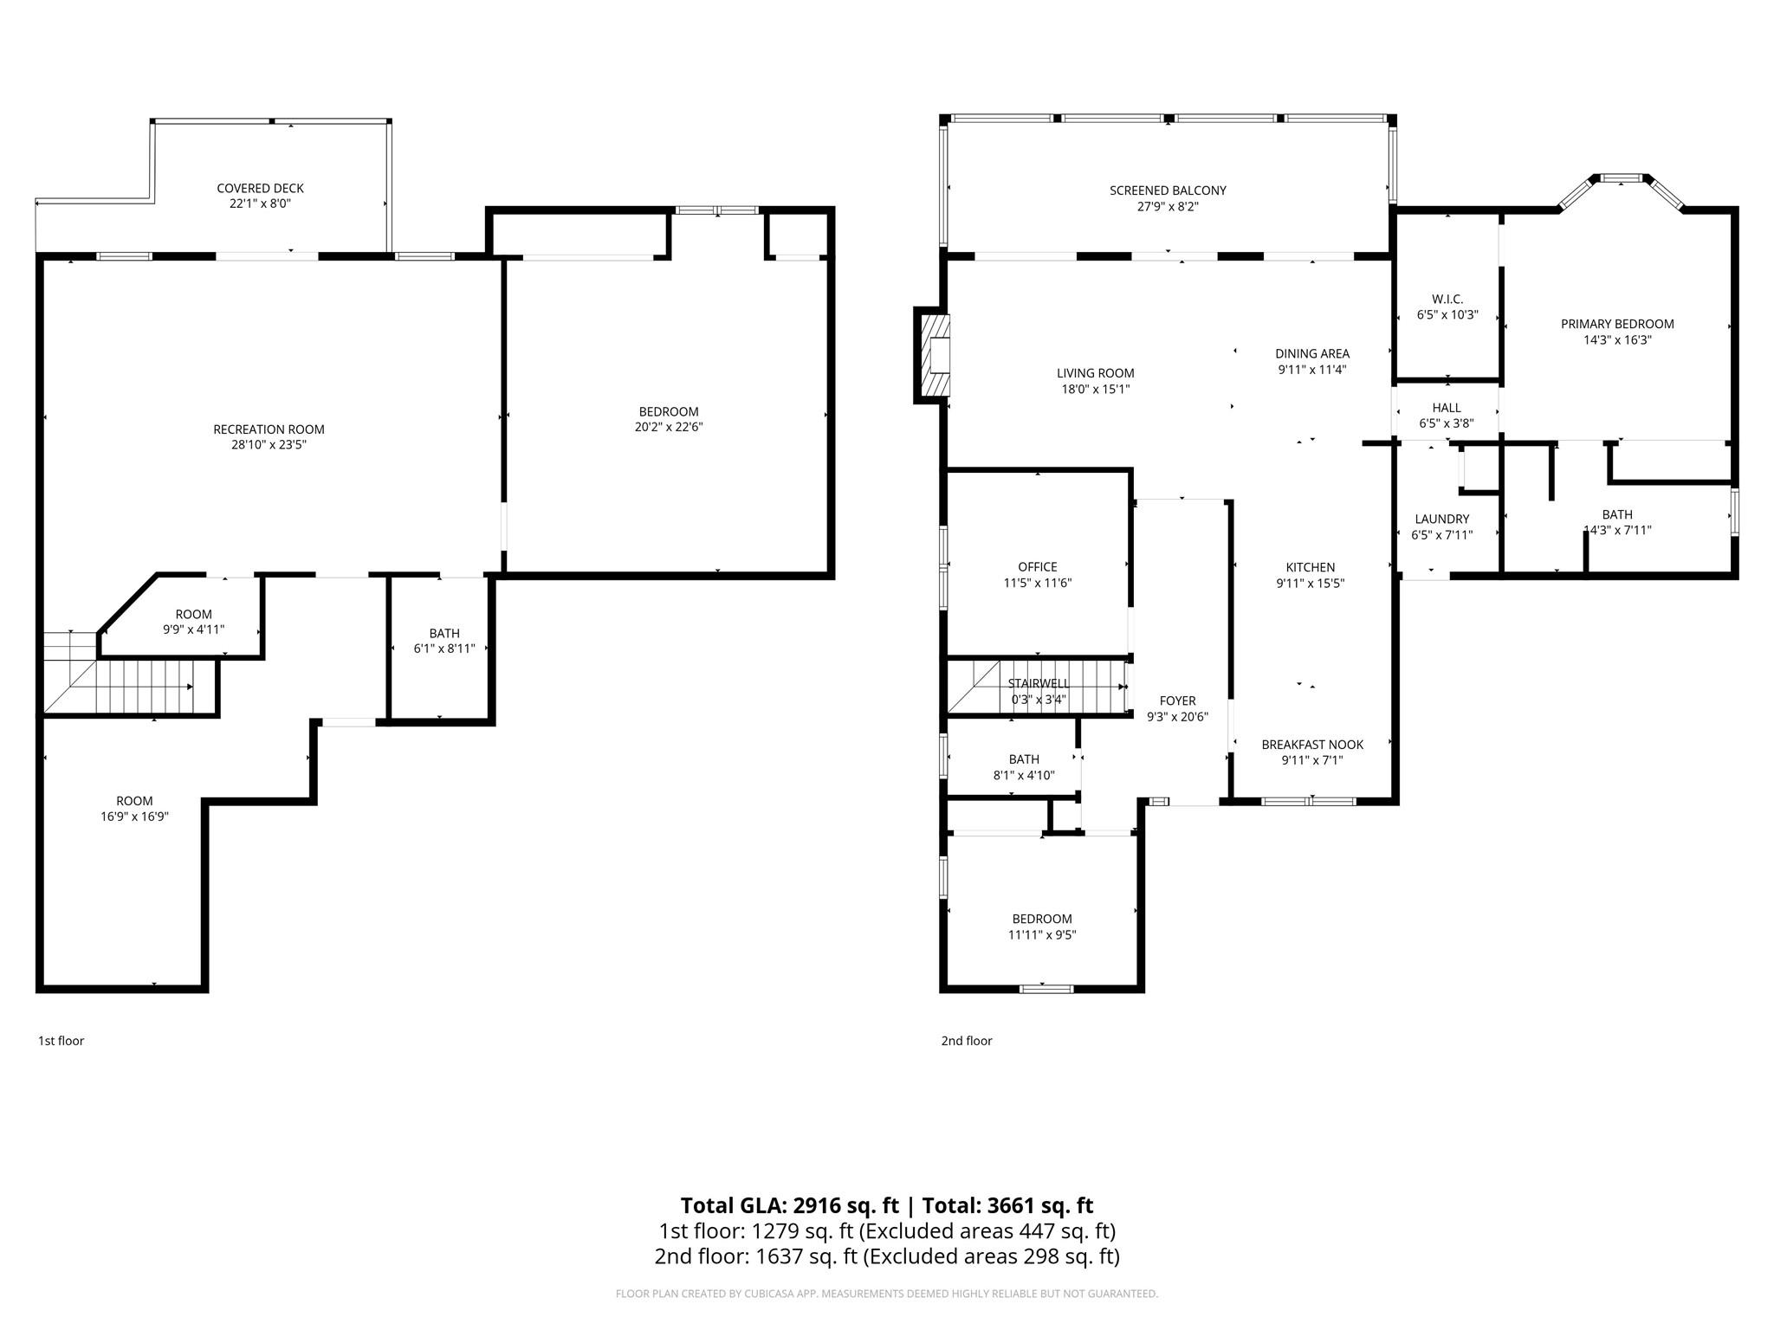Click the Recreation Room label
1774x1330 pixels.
pos(269,429)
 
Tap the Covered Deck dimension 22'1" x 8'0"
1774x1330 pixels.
pos(260,204)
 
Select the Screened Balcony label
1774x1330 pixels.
pos(1168,190)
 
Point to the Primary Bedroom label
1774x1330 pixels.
pos(1616,324)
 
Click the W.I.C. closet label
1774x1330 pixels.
pos(1447,299)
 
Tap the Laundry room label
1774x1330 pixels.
pos(1441,519)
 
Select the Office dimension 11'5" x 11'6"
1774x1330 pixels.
pos(1037,584)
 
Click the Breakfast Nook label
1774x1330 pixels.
pos(1311,745)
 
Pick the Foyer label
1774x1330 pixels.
pos(1177,701)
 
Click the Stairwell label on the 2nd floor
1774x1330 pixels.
pos(1038,683)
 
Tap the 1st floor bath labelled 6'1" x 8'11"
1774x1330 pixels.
pos(443,641)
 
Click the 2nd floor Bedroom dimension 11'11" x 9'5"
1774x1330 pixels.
pos(1041,935)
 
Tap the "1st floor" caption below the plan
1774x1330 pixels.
pos(61,1041)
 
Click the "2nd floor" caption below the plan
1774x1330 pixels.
pos(966,1041)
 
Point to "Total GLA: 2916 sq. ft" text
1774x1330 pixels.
pos(789,1205)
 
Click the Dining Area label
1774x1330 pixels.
pos(1311,353)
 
